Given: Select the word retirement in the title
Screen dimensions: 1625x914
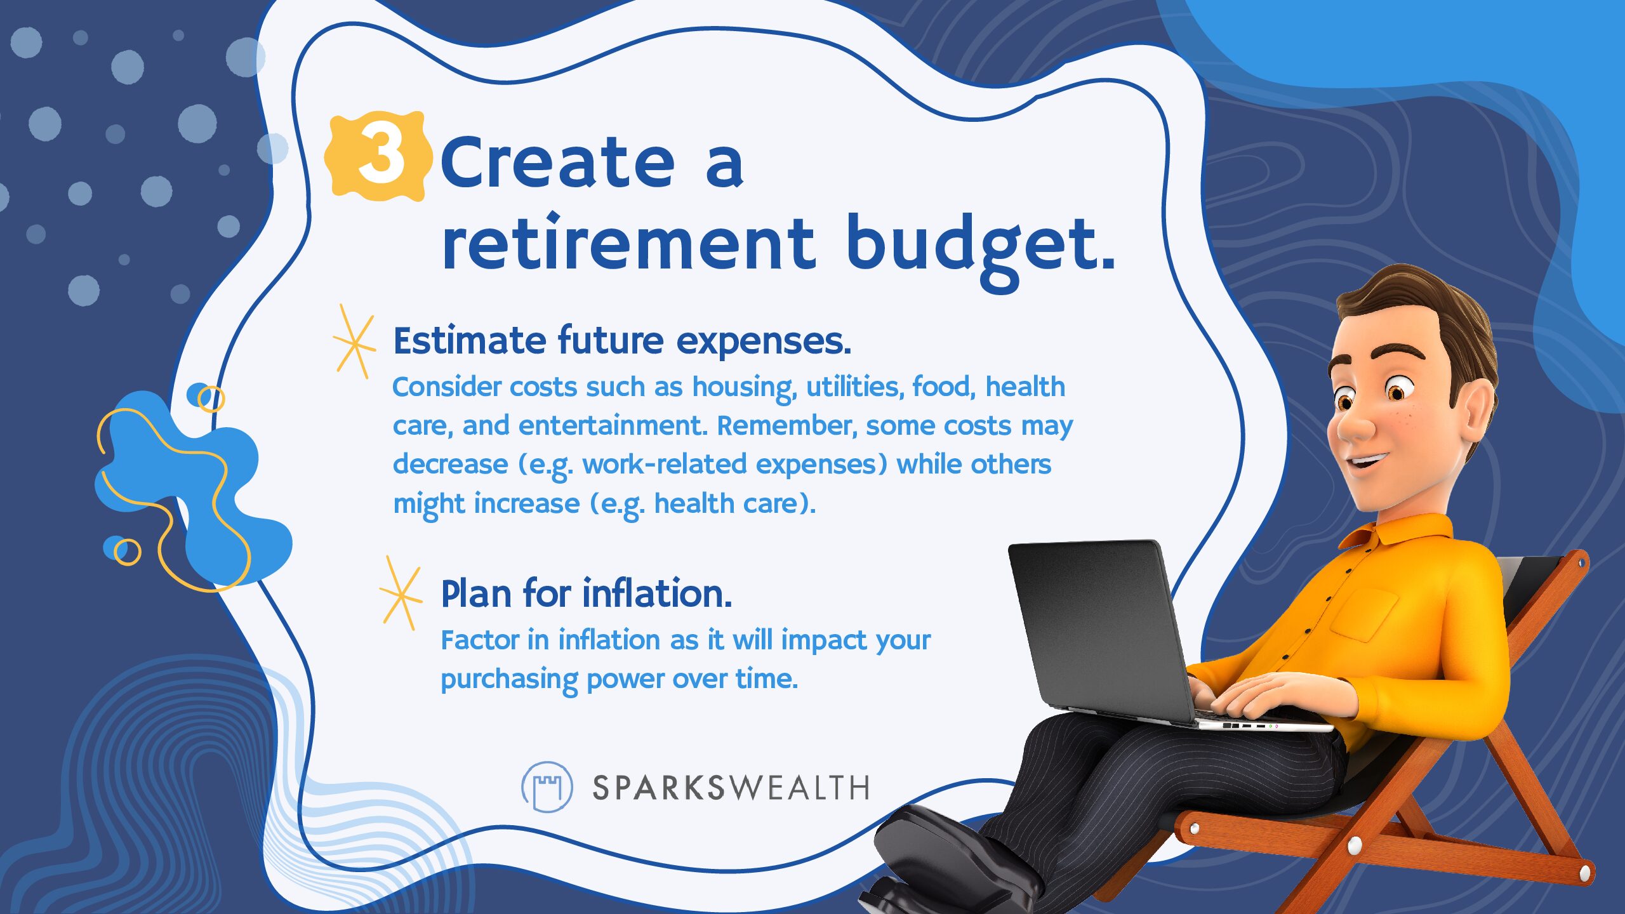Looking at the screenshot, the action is point(628,241).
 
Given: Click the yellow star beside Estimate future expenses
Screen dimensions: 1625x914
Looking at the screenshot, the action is point(354,341).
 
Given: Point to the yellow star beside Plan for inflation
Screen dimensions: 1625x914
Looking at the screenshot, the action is point(401,593).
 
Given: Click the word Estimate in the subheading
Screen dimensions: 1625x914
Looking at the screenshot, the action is point(469,341).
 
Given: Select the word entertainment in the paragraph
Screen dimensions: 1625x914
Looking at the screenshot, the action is point(613,425).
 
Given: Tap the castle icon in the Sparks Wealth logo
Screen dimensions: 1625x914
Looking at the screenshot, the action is point(547,787).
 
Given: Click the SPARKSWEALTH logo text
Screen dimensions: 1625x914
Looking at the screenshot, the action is point(731,788).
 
